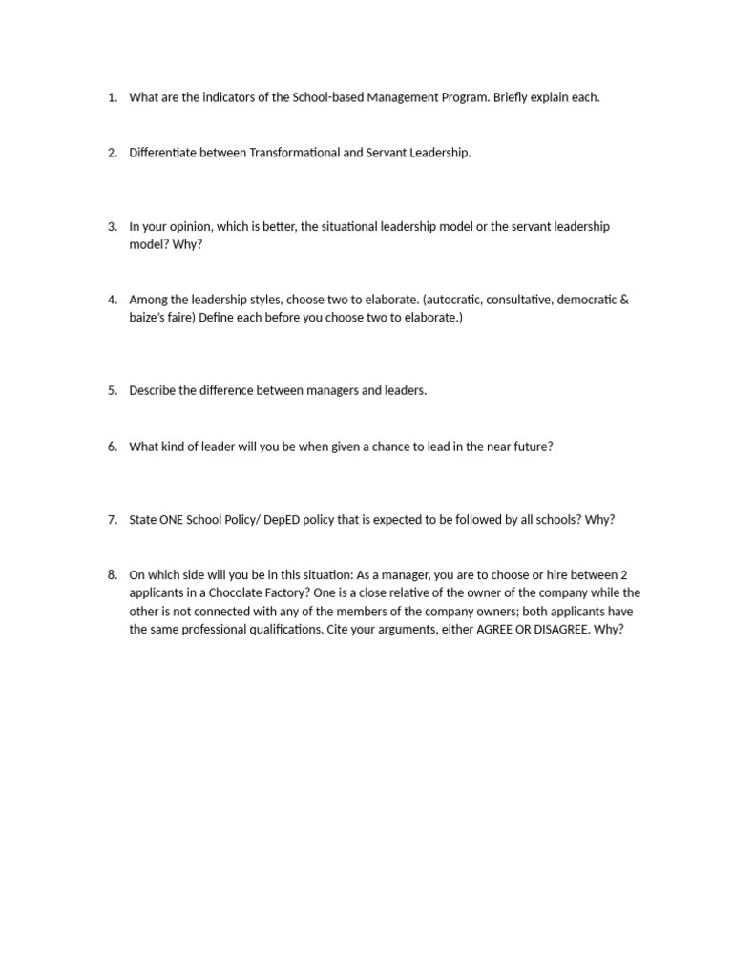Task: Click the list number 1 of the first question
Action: coord(111,97)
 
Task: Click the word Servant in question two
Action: coord(386,153)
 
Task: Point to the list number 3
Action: coord(111,226)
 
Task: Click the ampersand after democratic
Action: coord(625,300)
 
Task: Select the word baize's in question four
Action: coord(148,317)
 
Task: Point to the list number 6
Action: coord(111,446)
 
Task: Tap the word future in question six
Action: coord(532,446)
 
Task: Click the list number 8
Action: coord(111,574)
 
